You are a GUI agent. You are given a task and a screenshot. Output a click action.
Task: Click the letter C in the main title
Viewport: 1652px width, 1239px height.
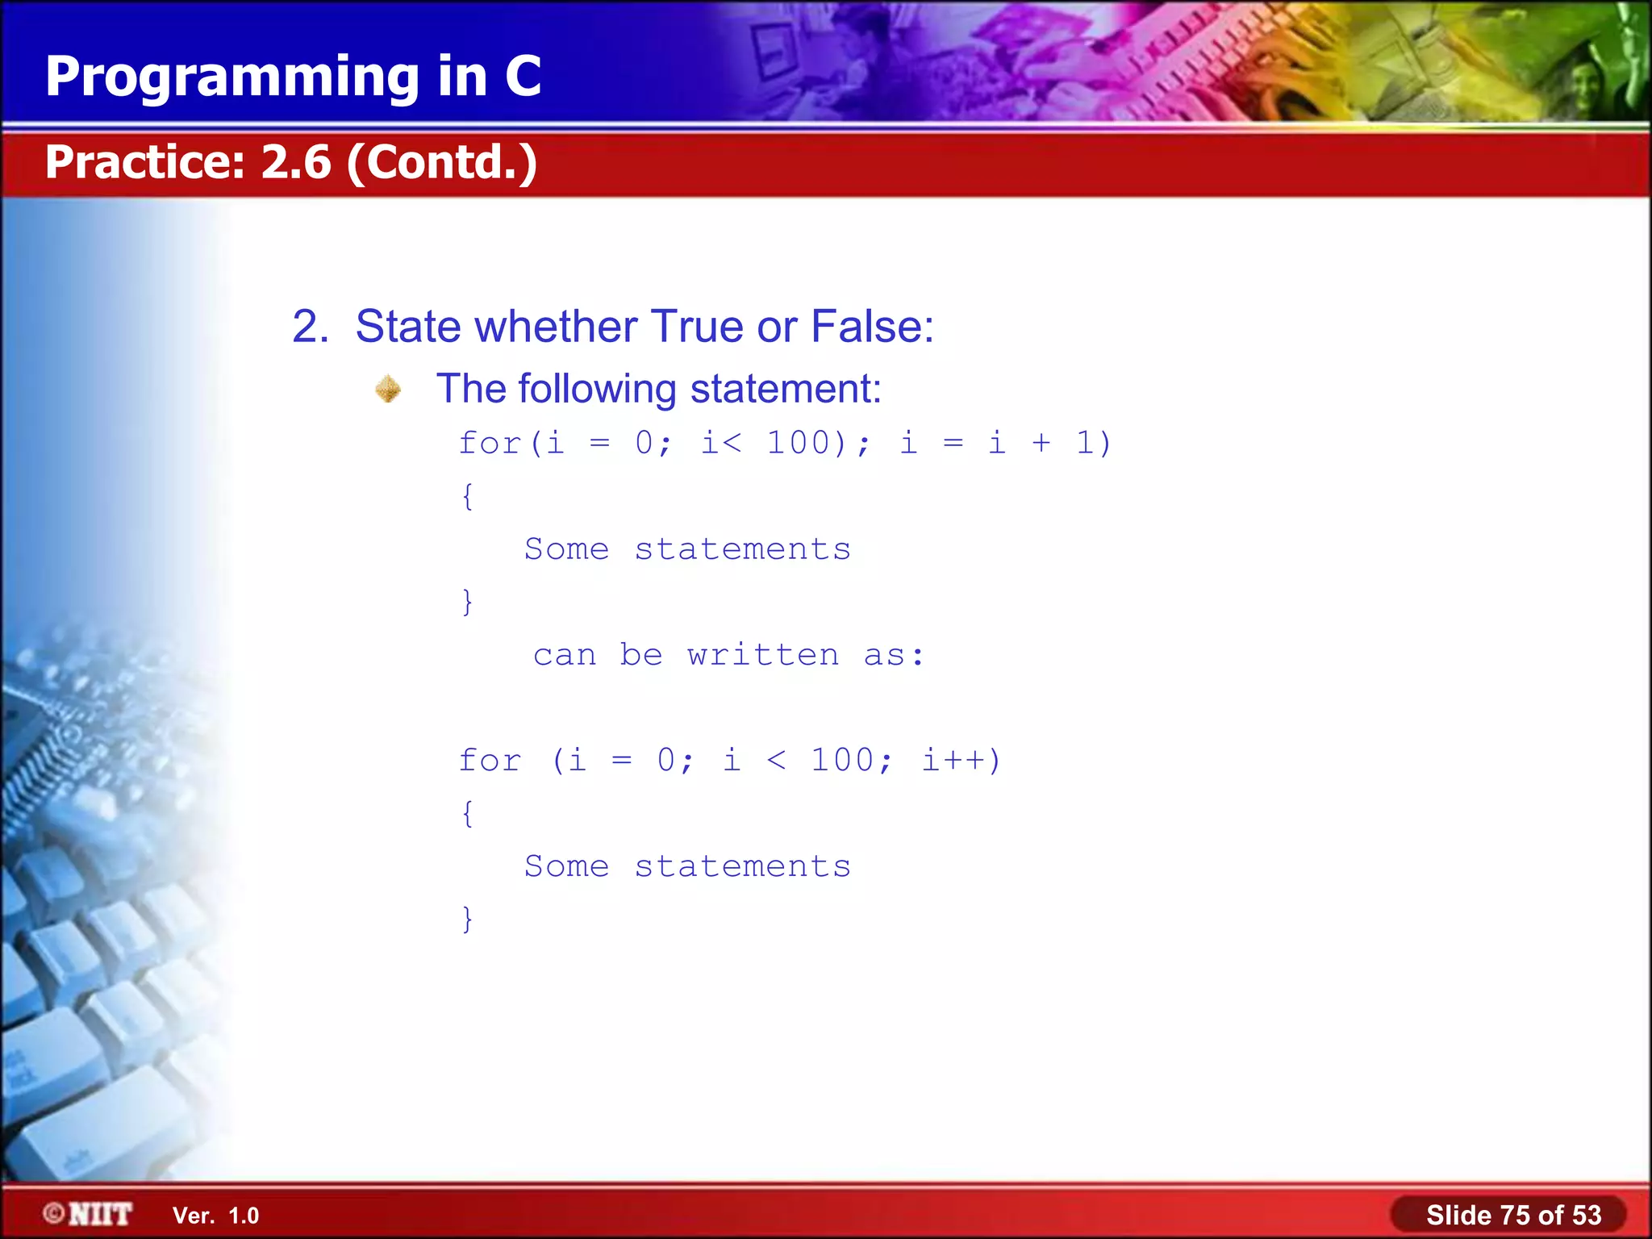tap(523, 77)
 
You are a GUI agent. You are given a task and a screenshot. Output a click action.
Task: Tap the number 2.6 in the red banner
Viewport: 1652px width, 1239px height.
tap(296, 161)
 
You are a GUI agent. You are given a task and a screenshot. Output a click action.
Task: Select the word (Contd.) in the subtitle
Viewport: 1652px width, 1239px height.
tap(442, 162)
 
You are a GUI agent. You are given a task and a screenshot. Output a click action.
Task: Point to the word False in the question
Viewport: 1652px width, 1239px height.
tap(871, 327)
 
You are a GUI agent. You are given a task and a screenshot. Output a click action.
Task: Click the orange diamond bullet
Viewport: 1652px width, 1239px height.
tap(388, 389)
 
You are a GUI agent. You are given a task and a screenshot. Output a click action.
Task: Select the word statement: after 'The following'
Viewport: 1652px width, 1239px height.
tap(786, 389)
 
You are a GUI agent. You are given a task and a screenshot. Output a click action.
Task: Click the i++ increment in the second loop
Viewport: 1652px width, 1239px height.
tap(952, 760)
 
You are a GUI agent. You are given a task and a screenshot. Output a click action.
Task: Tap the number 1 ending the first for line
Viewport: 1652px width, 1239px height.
tap(1085, 443)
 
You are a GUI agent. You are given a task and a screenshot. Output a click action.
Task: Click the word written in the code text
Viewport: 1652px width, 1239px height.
tap(763, 654)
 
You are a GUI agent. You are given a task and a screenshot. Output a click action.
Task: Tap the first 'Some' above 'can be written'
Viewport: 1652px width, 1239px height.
tap(566, 549)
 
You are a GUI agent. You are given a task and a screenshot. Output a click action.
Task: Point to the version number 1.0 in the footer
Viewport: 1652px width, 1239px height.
tap(244, 1216)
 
